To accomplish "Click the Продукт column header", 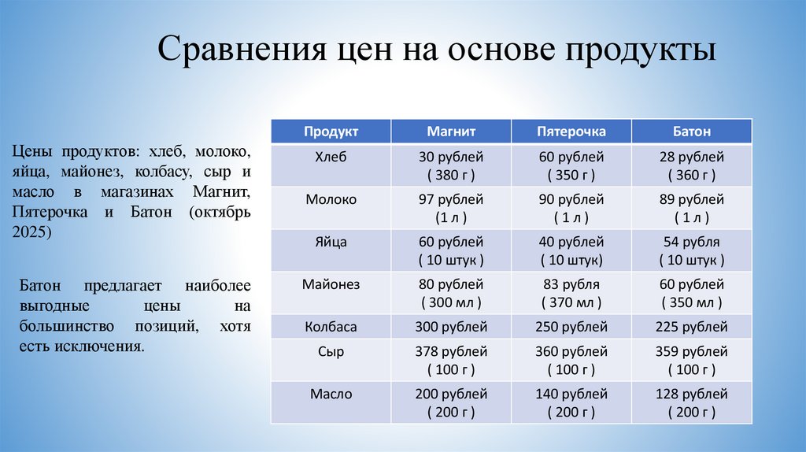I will coord(331,132).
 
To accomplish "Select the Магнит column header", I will coord(451,132).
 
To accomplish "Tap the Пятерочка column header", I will coord(571,132).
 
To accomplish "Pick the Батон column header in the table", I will coord(691,132).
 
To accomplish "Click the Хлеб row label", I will coord(331,157).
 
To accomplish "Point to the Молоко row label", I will coord(331,199).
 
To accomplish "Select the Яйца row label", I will coord(331,242).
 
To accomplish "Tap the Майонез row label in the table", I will coord(331,284).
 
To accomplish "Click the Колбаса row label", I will coord(331,326).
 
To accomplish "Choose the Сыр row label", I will coord(331,351).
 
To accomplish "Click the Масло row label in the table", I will coord(331,394).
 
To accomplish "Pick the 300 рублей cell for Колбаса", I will coord(451,326).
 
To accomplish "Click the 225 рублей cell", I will coord(691,326).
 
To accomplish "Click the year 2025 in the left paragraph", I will coord(31,232).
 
